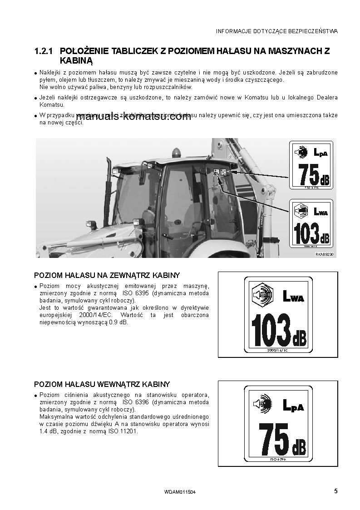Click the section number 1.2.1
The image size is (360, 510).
(44, 51)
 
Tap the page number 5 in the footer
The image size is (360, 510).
(335, 490)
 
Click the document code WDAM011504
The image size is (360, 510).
(180, 492)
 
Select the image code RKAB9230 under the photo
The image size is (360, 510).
(324, 255)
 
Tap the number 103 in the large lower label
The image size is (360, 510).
(271, 329)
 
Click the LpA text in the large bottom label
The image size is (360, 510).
(293, 405)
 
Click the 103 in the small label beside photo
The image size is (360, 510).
(306, 233)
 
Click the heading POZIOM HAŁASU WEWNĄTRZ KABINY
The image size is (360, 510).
(102, 384)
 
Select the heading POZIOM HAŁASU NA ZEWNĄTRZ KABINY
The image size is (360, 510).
(107, 275)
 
